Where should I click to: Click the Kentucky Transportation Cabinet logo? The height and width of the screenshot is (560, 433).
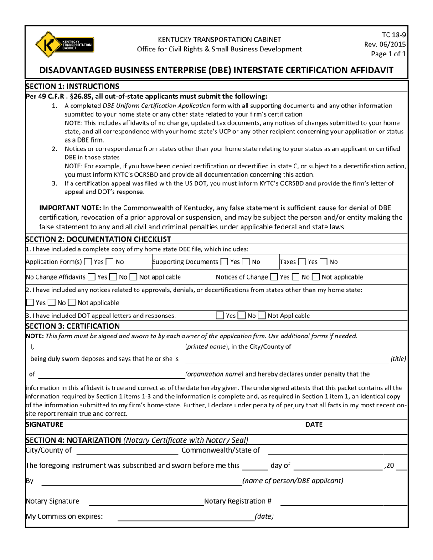pos(64,44)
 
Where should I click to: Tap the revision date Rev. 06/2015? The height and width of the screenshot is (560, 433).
pos(385,44)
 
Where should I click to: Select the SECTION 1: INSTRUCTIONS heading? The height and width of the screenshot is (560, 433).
pos(72,86)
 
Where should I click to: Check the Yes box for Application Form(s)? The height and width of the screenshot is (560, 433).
pos(88,262)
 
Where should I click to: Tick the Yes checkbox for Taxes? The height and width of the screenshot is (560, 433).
pos(302,262)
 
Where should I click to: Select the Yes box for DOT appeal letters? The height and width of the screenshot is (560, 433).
pos(220,316)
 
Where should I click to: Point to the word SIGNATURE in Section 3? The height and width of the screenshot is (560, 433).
pos(45,424)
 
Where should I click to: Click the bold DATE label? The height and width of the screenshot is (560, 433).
pos(314,424)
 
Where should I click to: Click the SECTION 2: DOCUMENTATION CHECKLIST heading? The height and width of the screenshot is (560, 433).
pos(98,239)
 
